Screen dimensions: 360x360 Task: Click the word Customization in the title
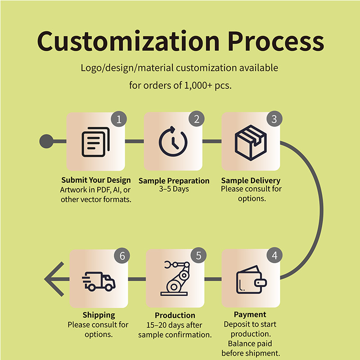tap(128, 41)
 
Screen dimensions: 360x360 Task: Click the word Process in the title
tap(276, 41)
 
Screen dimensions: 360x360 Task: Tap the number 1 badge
tap(119, 119)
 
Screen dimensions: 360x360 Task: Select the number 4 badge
tap(274, 256)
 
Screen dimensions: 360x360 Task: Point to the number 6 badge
tap(122, 256)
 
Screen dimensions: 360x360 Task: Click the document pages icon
tap(96, 142)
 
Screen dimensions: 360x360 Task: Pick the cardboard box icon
tap(251, 143)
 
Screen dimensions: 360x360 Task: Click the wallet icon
tap(252, 279)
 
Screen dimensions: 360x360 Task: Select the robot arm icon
tap(175, 278)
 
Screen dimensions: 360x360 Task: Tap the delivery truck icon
tap(99, 282)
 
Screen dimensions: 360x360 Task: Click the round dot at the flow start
tap(46, 141)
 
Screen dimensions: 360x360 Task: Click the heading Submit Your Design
tap(96, 180)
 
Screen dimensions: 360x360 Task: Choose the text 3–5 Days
tap(174, 189)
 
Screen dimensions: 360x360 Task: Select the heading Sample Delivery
tap(251, 180)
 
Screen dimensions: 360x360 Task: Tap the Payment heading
tap(250, 315)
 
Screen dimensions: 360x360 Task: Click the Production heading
tap(175, 315)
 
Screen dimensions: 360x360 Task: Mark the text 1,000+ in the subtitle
tap(198, 85)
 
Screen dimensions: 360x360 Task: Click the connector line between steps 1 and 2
tap(135, 141)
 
